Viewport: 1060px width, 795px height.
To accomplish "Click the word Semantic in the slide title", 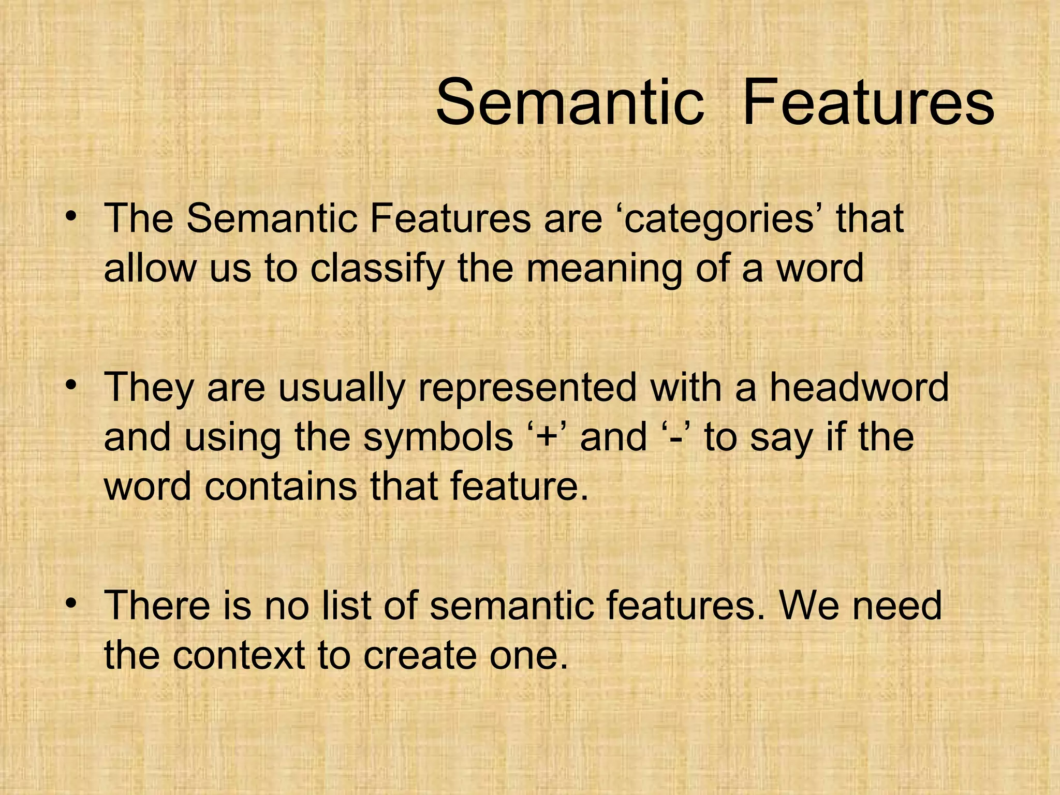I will [x=570, y=102].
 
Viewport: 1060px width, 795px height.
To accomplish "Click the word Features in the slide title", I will [x=868, y=102].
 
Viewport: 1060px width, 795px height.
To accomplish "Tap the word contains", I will [x=281, y=487].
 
